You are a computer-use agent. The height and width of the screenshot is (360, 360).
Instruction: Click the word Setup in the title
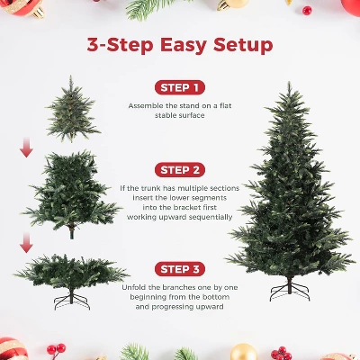click(237, 46)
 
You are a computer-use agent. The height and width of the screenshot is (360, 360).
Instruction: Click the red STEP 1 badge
click(179, 87)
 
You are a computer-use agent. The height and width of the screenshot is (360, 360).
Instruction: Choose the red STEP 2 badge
click(179, 169)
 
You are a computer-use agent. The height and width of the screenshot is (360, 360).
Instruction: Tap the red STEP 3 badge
click(179, 268)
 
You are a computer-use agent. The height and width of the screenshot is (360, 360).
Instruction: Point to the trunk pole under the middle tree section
click(71, 232)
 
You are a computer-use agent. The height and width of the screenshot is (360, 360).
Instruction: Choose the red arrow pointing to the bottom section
click(26, 241)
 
